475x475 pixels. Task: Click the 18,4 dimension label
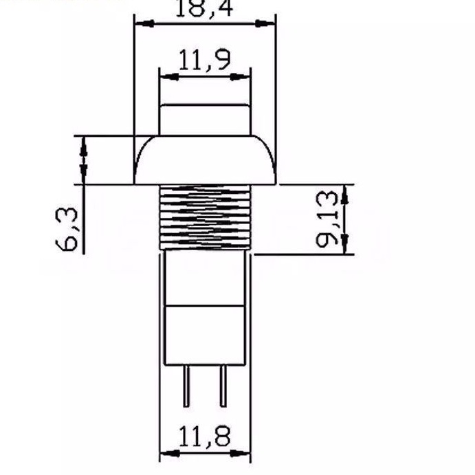204,8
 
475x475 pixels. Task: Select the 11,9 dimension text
205,60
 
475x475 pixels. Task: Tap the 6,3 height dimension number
67,230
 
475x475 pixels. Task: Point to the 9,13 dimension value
327,219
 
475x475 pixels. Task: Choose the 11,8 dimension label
205,437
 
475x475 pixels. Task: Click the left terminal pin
186,386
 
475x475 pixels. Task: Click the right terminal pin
223,386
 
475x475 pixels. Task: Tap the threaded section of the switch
205,217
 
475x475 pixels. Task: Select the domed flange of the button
205,160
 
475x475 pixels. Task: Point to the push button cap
205,120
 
